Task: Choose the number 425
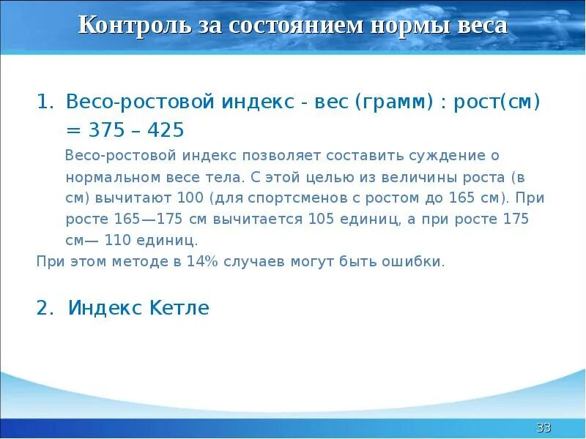tap(166, 130)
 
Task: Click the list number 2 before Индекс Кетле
tap(44, 308)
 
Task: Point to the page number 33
tap(544, 427)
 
